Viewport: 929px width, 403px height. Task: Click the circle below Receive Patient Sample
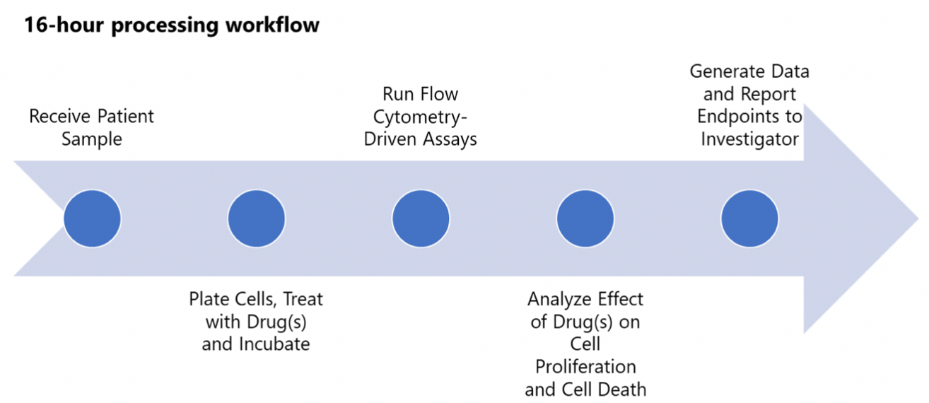point(92,218)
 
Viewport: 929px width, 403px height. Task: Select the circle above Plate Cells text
point(256,218)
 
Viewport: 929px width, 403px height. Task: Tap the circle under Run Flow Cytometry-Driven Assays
point(421,218)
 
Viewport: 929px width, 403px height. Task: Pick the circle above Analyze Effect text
point(585,218)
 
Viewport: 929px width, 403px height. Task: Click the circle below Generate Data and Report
point(749,218)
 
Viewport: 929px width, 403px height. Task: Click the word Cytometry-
point(420,116)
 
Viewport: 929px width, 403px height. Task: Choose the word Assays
point(450,139)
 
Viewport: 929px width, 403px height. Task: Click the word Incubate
point(276,344)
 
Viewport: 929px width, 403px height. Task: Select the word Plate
point(209,299)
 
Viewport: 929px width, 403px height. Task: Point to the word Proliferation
point(585,367)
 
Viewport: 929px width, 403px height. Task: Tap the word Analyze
point(559,299)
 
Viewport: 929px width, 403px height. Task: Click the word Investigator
point(749,139)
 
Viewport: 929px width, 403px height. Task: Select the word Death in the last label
point(624,390)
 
